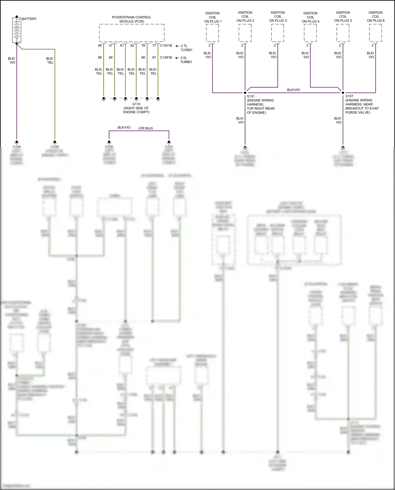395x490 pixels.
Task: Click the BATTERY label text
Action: pos(29,19)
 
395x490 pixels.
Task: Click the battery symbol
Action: pos(17,30)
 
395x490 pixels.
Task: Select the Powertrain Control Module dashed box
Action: pos(132,33)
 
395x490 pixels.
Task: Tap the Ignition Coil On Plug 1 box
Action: pos(212,33)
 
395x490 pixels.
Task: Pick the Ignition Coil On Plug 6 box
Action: pos(376,33)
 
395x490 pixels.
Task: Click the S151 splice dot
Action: pos(245,93)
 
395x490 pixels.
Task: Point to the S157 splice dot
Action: pos(343,93)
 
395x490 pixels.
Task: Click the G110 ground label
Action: pos(136,104)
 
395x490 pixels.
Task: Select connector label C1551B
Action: pos(166,46)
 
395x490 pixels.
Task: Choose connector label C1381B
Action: pos(166,57)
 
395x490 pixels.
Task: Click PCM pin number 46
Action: pos(100,46)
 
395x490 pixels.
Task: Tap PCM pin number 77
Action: pos(154,46)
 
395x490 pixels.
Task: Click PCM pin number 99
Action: pos(111,57)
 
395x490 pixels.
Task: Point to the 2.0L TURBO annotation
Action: pos(186,60)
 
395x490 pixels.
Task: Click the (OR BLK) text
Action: pos(146,128)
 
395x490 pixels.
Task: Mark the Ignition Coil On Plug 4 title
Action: pos(310,17)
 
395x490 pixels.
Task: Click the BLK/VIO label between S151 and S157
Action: pos(293,90)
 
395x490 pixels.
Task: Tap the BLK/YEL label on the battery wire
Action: pos(50,60)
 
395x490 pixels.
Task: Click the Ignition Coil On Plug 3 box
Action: pos(278,33)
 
